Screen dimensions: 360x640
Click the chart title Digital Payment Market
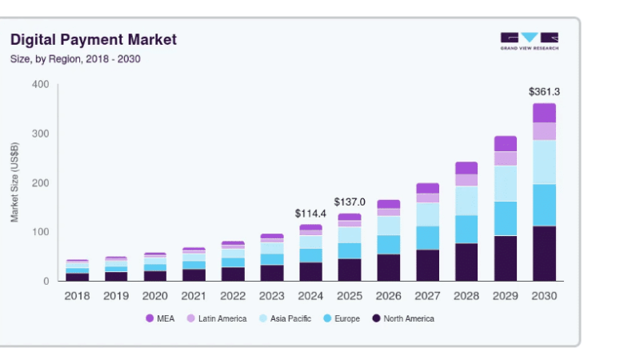(x=93, y=40)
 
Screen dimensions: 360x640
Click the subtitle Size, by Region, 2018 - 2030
(x=75, y=59)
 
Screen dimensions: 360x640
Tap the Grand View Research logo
(x=529, y=41)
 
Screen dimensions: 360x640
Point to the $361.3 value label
(x=544, y=91)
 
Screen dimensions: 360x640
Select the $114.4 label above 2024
(x=310, y=214)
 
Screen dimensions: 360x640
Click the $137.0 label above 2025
(x=350, y=202)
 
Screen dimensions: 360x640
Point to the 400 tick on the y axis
(x=40, y=85)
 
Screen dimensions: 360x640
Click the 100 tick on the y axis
(x=40, y=232)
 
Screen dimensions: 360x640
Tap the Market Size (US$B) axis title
(x=15, y=183)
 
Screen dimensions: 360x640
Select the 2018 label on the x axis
(x=77, y=295)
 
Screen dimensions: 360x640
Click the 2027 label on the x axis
(x=427, y=295)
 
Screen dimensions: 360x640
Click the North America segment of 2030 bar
(x=544, y=254)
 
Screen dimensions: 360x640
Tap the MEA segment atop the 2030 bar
(x=544, y=113)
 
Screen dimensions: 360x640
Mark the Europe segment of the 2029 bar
(x=505, y=218)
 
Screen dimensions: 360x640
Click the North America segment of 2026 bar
(x=388, y=268)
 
